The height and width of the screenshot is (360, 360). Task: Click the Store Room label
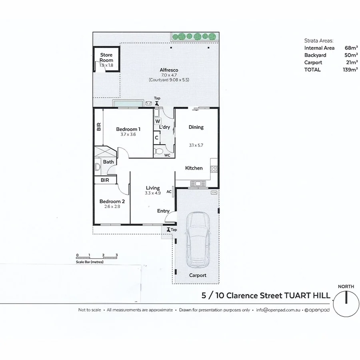(106, 57)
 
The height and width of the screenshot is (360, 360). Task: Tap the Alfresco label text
(169, 70)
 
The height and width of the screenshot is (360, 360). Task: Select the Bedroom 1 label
(128, 129)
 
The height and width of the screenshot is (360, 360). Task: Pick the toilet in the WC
(158, 152)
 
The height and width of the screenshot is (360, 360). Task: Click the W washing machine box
(157, 121)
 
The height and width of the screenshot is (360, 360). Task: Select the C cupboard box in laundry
(157, 138)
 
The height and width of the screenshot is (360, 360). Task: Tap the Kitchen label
(194, 168)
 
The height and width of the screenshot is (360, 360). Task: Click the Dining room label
(196, 127)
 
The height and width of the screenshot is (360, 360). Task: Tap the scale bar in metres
(96, 258)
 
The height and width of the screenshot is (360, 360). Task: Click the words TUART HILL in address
(307, 296)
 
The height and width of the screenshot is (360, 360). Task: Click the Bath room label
(108, 162)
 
